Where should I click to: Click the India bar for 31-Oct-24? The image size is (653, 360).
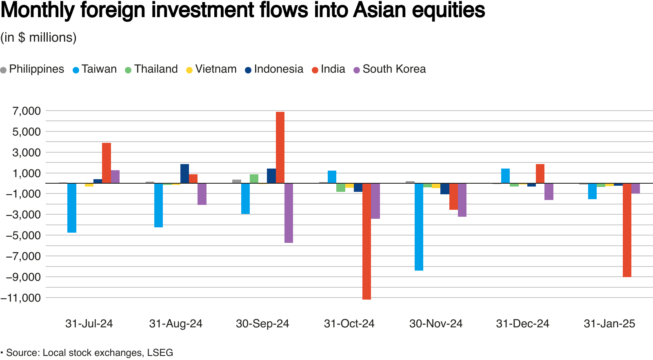click(x=366, y=241)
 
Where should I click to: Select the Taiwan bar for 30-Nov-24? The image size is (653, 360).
click(x=419, y=227)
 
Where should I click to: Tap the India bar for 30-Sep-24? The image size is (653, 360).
click(x=280, y=147)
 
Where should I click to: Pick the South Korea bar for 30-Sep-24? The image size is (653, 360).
click(x=289, y=213)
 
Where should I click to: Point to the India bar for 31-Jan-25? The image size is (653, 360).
click(x=627, y=230)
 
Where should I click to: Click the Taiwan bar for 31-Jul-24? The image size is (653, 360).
click(x=72, y=208)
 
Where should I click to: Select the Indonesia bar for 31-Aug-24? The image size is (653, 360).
click(x=184, y=173)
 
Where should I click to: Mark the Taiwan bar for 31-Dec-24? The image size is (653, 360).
click(x=505, y=176)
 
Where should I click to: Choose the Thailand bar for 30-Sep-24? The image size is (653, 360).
click(x=254, y=179)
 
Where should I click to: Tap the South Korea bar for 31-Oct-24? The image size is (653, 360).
click(x=375, y=201)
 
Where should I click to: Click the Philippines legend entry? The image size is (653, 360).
click(x=32, y=69)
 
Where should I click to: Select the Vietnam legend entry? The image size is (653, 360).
click(x=211, y=69)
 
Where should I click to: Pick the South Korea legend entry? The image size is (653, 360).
click(x=389, y=69)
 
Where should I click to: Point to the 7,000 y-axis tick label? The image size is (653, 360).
click(x=27, y=111)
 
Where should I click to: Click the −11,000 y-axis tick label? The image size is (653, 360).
click(x=21, y=298)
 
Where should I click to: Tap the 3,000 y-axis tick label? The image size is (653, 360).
click(x=27, y=153)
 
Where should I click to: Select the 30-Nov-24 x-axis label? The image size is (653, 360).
click(x=436, y=324)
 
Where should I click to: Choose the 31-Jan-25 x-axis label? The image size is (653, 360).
click(x=609, y=324)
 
